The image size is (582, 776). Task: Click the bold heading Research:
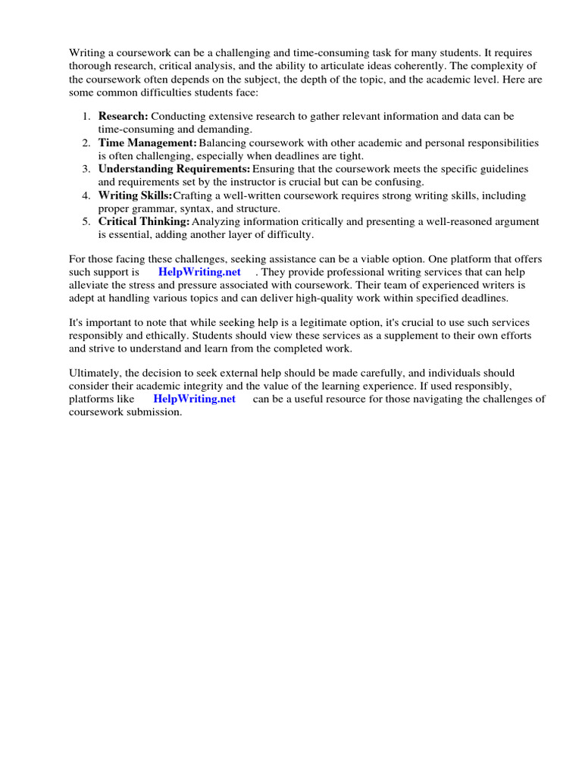click(x=124, y=117)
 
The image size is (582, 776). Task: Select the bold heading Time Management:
click(x=147, y=143)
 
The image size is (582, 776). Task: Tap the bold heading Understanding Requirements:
click(x=174, y=169)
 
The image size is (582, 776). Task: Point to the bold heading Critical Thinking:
click(x=144, y=222)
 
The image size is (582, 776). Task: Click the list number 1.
click(x=86, y=117)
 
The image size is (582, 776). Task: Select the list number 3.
click(x=86, y=169)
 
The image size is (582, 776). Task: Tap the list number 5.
click(x=86, y=222)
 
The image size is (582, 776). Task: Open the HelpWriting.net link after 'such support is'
click(x=199, y=272)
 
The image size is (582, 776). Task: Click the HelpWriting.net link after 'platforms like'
click(x=194, y=399)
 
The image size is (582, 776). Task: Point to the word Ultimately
click(x=95, y=373)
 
